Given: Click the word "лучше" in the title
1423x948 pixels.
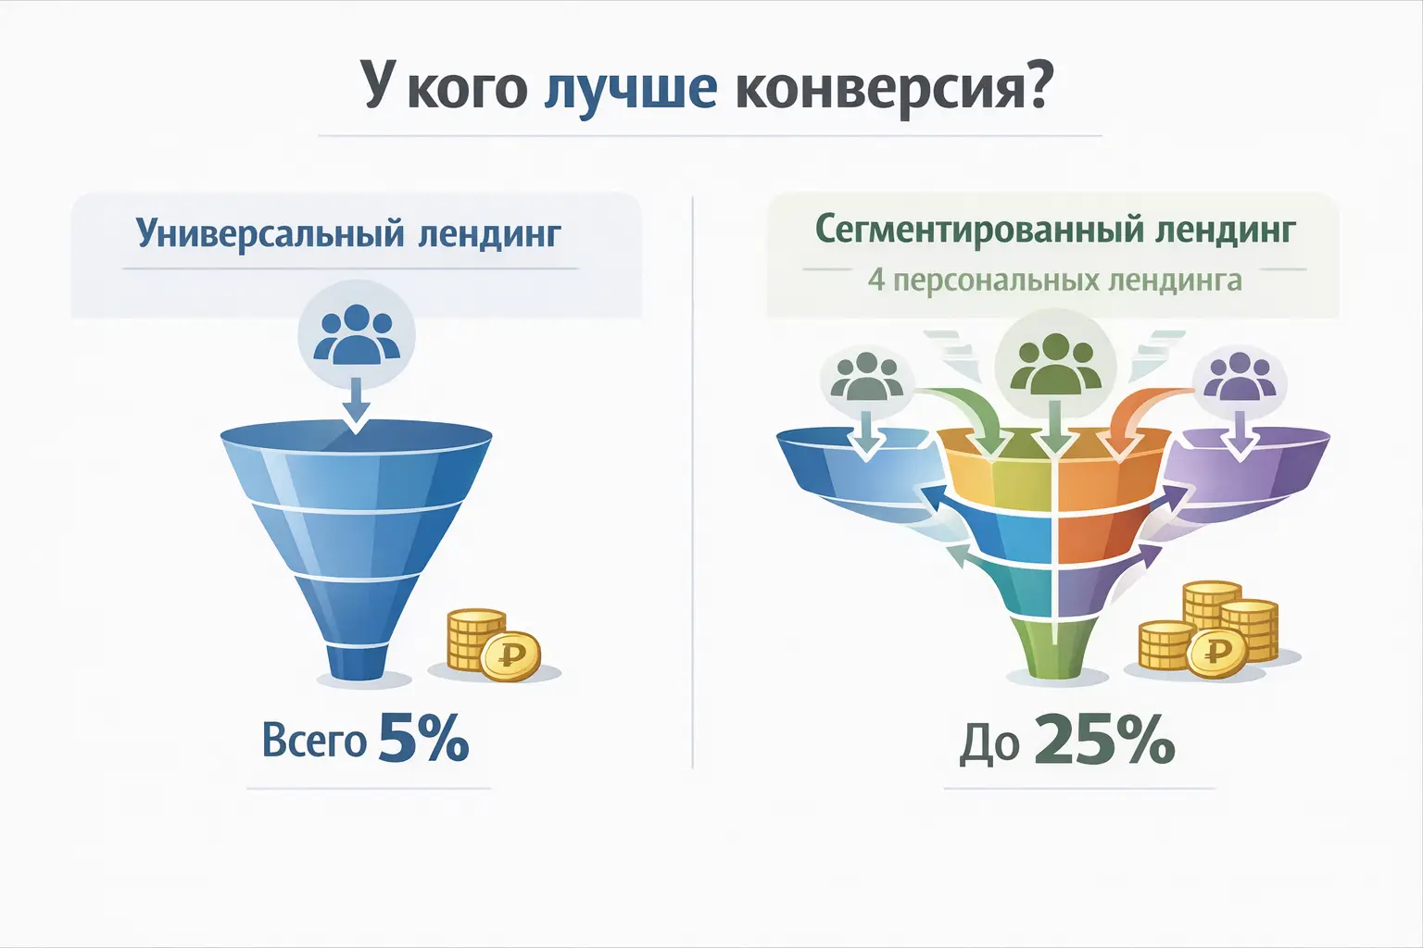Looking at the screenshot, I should pos(630,89).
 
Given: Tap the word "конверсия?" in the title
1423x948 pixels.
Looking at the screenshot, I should pos(893,89).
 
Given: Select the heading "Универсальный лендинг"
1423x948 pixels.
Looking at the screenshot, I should pos(348,232).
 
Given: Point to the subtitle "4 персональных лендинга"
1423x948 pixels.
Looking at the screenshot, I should pos(1054,280).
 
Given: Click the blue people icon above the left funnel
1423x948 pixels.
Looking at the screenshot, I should pos(357,335).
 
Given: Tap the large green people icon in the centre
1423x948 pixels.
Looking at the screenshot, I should pos(1054,364).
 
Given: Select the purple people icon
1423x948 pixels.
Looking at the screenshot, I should pos(1239,378).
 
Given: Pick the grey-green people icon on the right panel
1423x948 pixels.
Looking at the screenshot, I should pos(867,378).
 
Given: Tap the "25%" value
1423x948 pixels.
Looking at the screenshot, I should pos(1103,741).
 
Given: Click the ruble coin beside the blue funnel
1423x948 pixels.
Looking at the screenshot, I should pos(510,656).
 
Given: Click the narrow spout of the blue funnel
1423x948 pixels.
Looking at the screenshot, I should pos(357,659).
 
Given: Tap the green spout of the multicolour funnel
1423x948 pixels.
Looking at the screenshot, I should pos(1055,648).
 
